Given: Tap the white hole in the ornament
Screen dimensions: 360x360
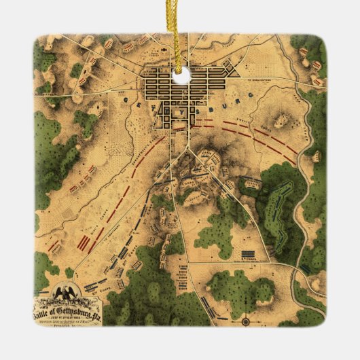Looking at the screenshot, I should [181, 77].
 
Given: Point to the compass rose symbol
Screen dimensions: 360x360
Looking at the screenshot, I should [246, 319].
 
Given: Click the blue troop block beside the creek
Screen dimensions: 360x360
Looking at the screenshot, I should [307, 268].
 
